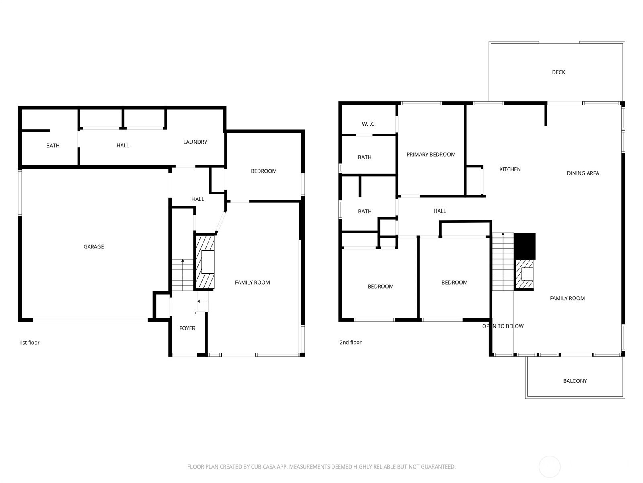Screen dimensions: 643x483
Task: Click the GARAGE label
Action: [94, 247]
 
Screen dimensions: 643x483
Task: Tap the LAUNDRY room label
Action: [195, 142]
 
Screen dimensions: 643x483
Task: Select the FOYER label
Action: [187, 328]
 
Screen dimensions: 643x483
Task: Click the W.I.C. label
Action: [369, 124]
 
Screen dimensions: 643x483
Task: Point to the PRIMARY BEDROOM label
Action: [431, 154]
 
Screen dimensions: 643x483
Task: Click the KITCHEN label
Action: [510, 169]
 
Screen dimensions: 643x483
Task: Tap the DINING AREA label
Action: [583, 173]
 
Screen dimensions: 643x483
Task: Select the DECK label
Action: [558, 72]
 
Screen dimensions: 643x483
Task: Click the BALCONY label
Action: [575, 381]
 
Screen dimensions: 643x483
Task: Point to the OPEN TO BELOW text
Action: [503, 326]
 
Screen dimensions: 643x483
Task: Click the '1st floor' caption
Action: [29, 342]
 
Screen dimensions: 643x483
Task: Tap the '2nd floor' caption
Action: [350, 342]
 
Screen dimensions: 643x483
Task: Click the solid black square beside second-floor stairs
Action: [525, 246]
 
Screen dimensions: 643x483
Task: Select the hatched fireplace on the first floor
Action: [205, 262]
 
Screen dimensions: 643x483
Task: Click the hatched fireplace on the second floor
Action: [524, 274]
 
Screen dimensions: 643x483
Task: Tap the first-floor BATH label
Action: [53, 145]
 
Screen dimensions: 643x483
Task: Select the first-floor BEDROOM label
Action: [264, 171]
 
